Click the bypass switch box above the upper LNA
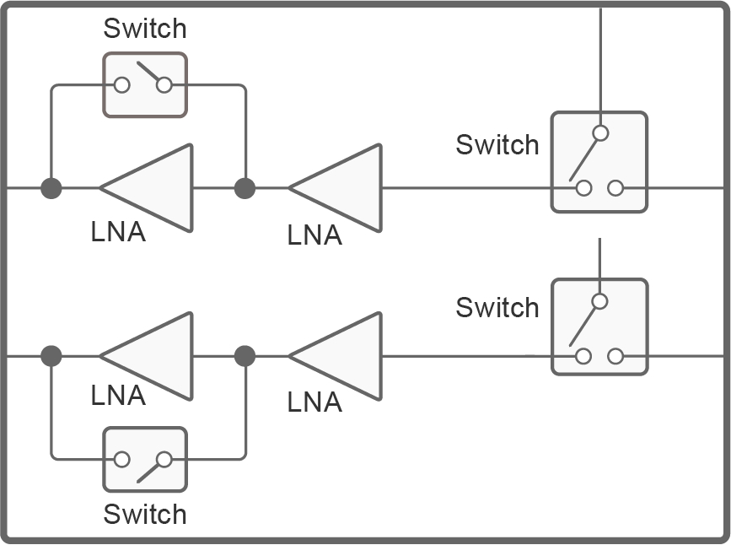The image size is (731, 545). tap(144, 84)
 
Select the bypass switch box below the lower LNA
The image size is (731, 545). tap(144, 460)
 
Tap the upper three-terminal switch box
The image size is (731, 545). tap(599, 161)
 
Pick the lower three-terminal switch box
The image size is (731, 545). tap(599, 326)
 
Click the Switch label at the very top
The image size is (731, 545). tap(144, 29)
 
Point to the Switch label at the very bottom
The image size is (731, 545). tap(144, 514)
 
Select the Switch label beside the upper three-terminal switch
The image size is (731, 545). tap(497, 145)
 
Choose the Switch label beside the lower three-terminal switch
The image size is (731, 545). tap(497, 308)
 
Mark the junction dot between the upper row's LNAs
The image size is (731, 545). tap(245, 187)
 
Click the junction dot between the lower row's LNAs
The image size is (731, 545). tap(245, 356)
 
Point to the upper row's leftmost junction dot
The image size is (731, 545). tap(51, 187)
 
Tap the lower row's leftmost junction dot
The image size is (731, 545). tap(51, 356)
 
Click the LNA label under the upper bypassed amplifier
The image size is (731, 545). tap(118, 232)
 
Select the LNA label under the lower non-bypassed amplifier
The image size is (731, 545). tap(314, 402)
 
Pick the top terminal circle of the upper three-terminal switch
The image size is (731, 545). tap(599, 132)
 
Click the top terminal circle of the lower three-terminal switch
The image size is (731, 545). tap(599, 301)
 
